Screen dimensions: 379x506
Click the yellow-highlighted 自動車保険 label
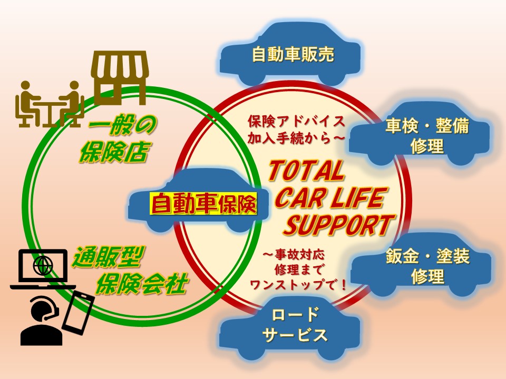(203, 203)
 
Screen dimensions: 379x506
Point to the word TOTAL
(306, 172)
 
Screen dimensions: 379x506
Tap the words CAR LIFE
(329, 199)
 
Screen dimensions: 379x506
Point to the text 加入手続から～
(296, 138)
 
